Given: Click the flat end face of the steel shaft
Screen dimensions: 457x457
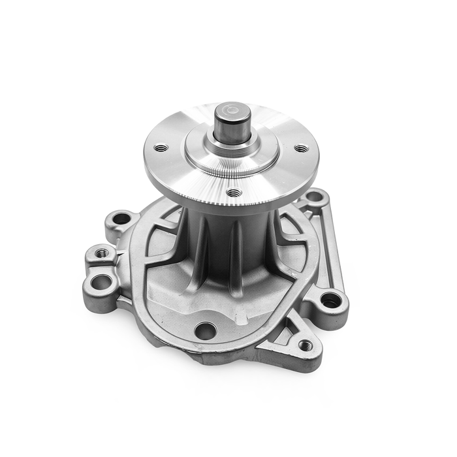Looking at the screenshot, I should (232, 108).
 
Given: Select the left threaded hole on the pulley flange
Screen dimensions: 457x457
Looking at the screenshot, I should (161, 148).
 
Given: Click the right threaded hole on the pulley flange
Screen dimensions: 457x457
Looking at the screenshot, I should (300, 148).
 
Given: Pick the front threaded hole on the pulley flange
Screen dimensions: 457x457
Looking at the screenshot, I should (233, 192).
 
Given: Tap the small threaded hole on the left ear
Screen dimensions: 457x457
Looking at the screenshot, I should (101, 252).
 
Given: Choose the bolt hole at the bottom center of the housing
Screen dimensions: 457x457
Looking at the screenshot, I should (205, 330).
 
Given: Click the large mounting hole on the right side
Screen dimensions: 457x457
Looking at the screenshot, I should (331, 300).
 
